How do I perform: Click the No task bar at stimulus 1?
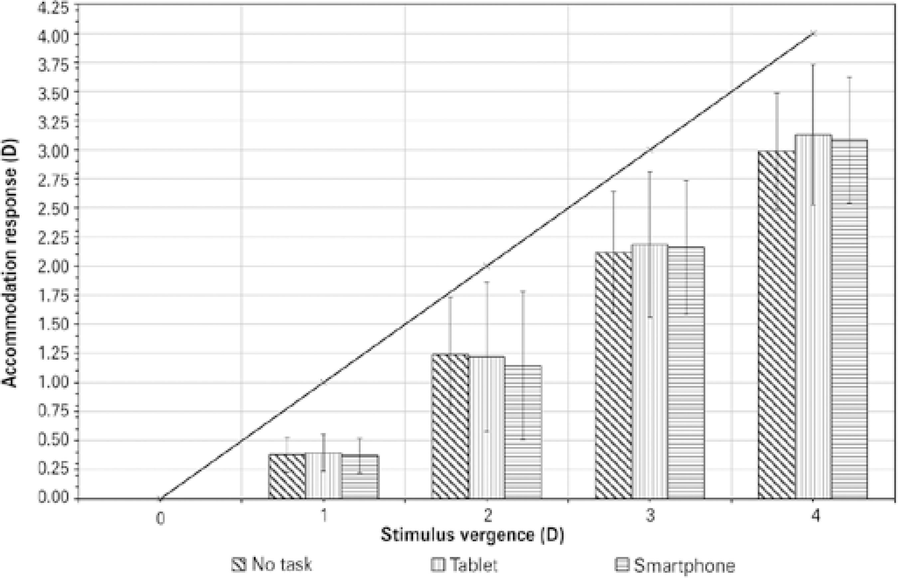click(x=287, y=476)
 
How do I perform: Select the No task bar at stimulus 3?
click(x=613, y=375)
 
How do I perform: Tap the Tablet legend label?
click(x=473, y=564)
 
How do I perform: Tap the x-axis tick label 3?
click(x=650, y=516)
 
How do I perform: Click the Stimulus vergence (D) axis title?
click(x=472, y=535)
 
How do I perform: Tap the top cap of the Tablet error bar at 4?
click(x=813, y=65)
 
